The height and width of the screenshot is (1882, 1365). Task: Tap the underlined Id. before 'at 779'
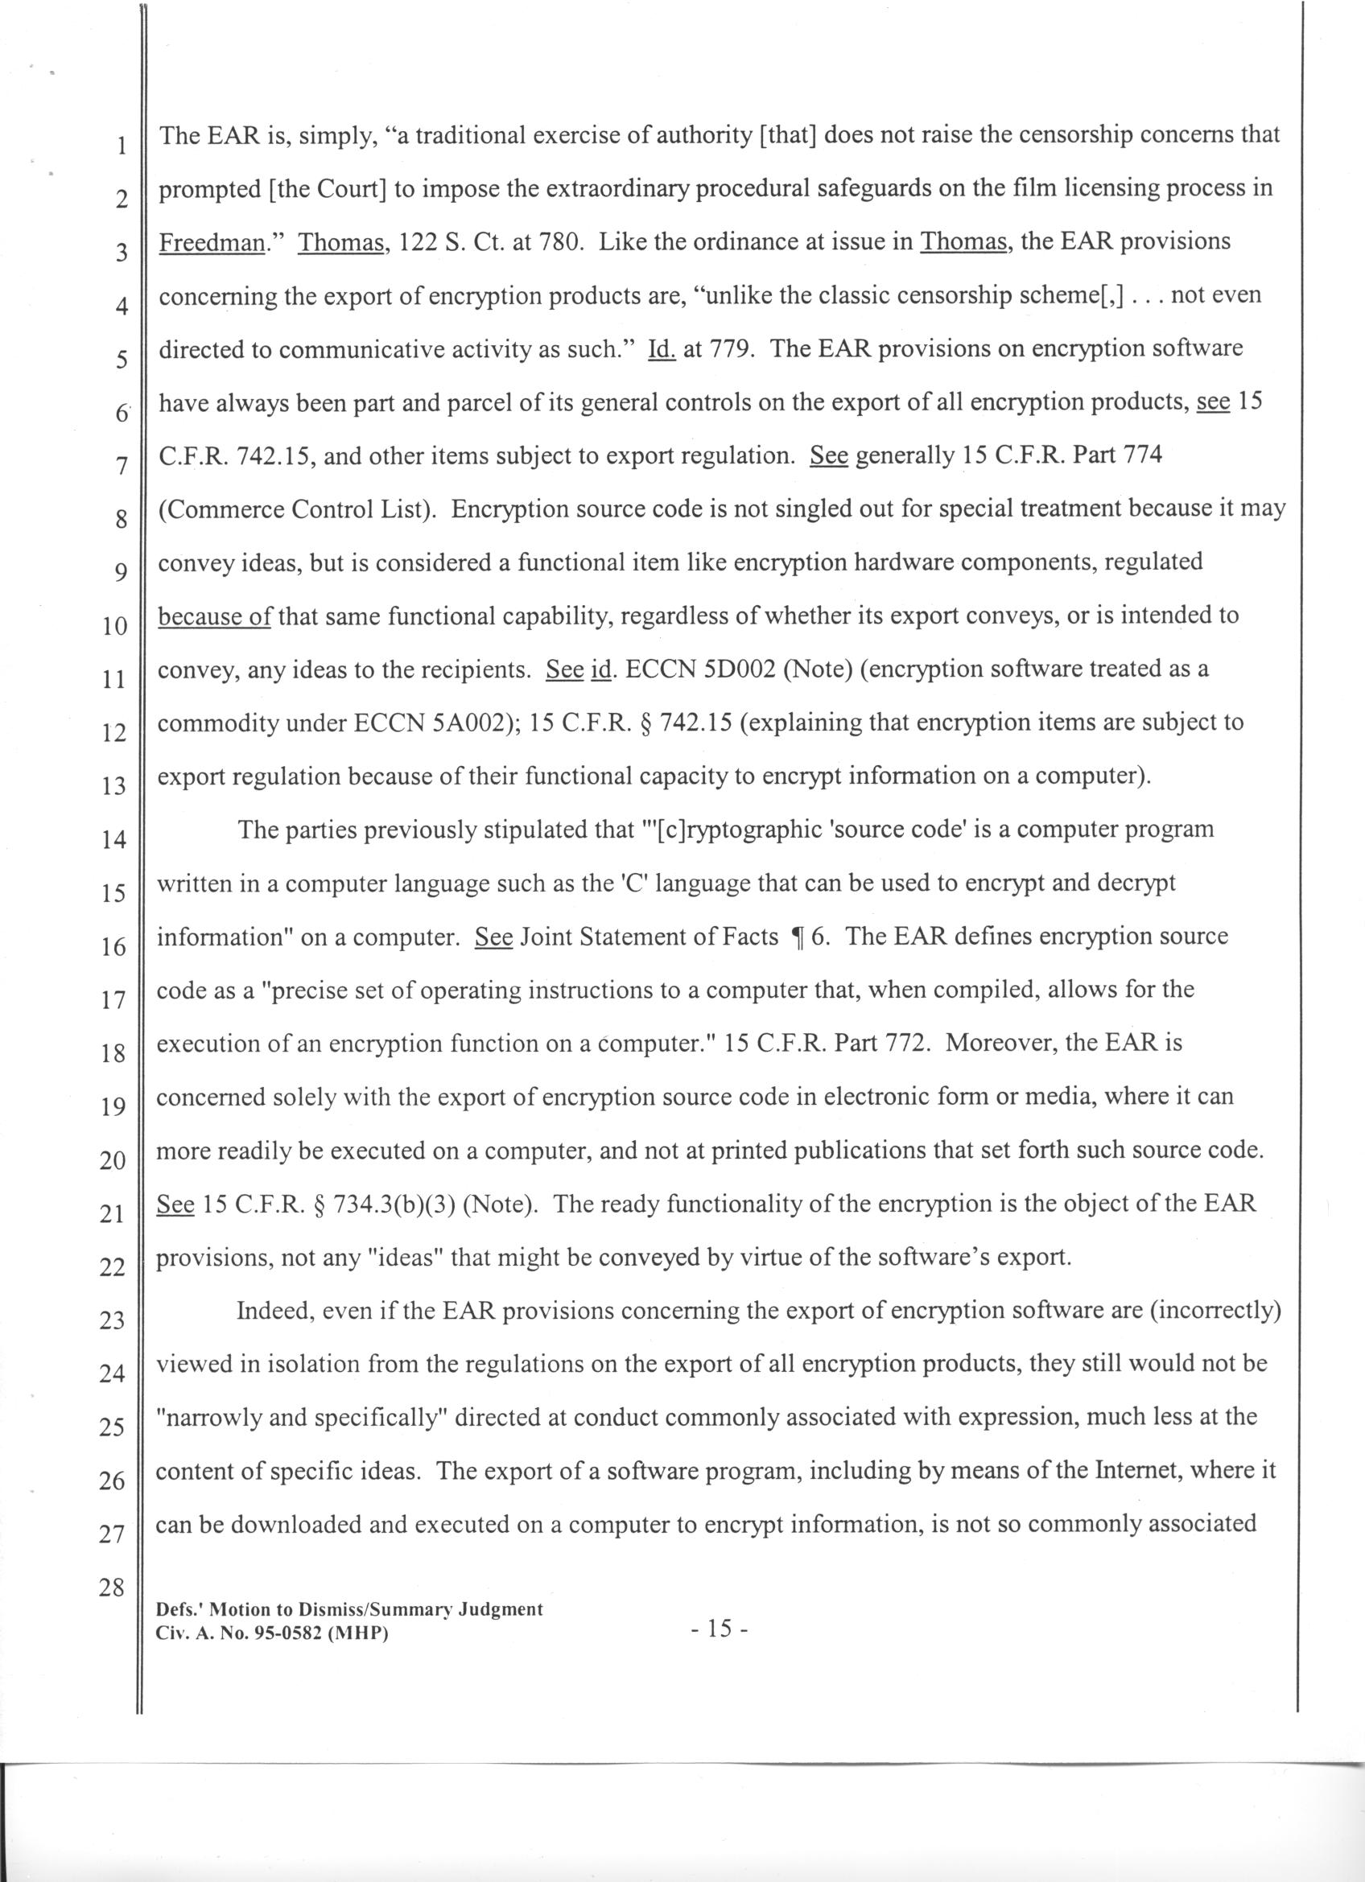661,349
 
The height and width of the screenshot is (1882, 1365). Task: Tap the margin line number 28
111,1588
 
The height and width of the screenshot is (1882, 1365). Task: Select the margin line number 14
113,840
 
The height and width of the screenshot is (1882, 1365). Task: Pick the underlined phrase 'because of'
214,616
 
